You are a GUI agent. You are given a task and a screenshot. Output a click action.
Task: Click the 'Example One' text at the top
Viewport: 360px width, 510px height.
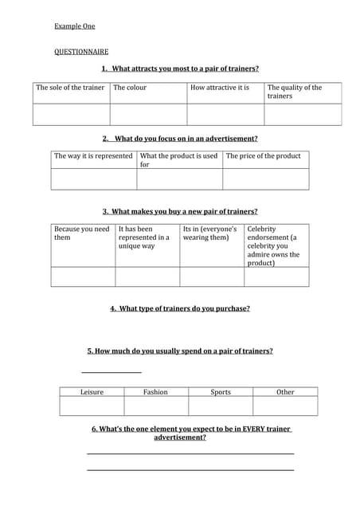[74, 26]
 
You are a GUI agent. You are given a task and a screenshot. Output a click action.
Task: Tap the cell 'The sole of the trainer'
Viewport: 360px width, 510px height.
[70, 88]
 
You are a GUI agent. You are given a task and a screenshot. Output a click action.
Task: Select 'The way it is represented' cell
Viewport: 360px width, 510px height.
[93, 156]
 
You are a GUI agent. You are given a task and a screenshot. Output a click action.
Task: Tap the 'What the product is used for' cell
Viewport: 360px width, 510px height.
[178, 160]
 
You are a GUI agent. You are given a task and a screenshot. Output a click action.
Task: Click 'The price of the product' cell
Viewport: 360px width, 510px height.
[264, 156]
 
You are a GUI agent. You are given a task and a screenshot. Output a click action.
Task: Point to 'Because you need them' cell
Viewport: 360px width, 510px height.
[82, 233]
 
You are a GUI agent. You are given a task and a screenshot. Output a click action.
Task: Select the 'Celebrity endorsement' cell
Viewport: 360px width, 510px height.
[275, 245]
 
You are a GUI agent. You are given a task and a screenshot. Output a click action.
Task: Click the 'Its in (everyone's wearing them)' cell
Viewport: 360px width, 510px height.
[210, 233]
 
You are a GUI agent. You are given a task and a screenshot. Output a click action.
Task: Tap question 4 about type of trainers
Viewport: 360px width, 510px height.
[180, 309]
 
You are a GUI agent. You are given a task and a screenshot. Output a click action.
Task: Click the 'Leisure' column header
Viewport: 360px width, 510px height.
[92, 392]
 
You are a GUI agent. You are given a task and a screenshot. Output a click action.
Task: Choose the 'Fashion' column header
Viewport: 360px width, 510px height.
[155, 392]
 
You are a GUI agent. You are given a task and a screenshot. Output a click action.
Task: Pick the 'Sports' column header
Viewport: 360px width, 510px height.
[221, 392]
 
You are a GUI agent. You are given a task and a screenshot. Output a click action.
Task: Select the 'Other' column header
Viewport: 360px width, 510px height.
[285, 392]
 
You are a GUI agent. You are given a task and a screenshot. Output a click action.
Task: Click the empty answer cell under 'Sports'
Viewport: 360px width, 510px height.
[221, 406]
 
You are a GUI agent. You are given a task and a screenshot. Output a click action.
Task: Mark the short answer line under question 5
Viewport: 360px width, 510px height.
[112, 371]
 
